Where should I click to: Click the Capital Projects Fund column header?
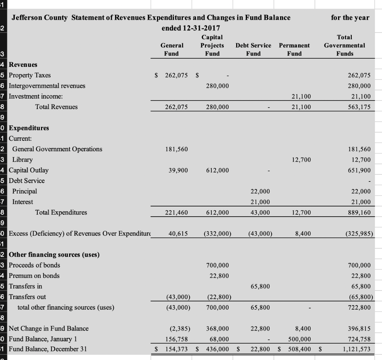212,45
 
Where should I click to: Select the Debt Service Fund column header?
253,49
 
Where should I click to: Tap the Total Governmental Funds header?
344,45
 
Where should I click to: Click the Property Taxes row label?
29,75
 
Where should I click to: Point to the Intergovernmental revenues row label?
47,86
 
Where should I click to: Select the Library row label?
22,159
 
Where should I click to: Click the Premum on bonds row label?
34,276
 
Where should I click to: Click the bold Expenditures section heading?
29,128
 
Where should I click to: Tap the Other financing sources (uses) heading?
54,255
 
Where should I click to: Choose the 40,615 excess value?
178,234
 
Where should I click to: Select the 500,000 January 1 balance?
300,339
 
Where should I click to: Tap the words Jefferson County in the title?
40,18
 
